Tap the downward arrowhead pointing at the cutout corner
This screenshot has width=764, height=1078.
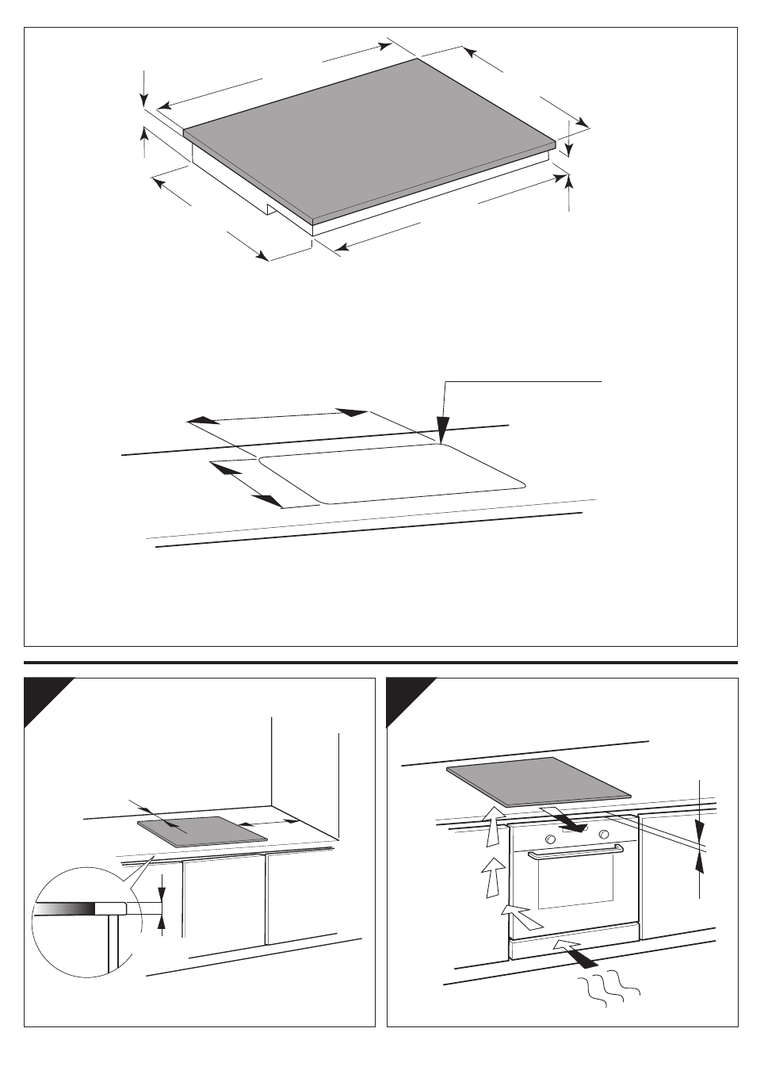coord(442,431)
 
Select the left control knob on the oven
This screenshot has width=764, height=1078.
coord(548,836)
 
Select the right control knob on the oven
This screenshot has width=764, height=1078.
coord(604,834)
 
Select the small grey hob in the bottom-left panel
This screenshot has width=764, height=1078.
coord(202,829)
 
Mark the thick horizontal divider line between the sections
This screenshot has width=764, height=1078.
coord(380,662)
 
